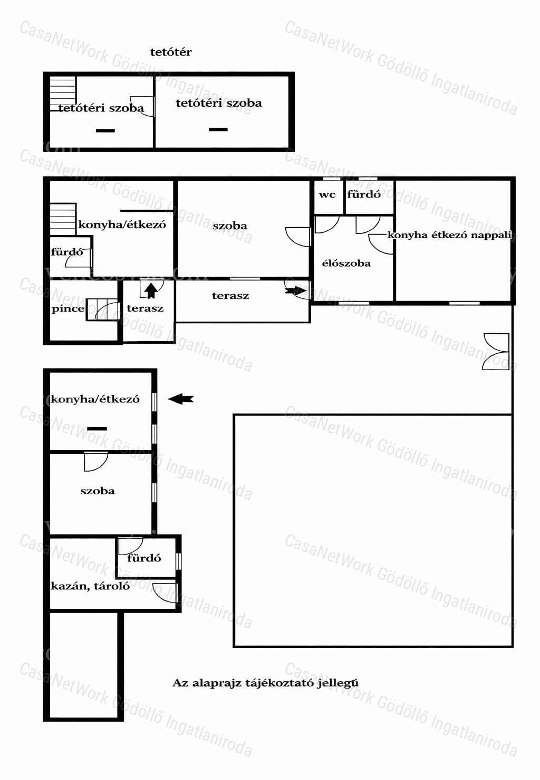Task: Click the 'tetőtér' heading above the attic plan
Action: click(x=171, y=52)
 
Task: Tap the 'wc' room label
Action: click(x=327, y=194)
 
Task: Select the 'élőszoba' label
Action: click(x=346, y=263)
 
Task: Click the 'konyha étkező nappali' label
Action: click(x=450, y=235)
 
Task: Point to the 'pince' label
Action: click(x=68, y=309)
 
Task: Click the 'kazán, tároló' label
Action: click(x=90, y=586)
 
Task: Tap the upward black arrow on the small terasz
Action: click(x=151, y=291)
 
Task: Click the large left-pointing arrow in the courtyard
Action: click(x=181, y=399)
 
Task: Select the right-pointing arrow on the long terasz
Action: click(x=295, y=291)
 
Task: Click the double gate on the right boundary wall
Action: click(x=496, y=351)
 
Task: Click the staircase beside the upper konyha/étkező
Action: click(x=63, y=219)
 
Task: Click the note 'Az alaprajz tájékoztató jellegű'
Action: click(x=265, y=683)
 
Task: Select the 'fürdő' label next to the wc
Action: click(x=364, y=194)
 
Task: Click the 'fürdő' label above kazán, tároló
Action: click(x=144, y=558)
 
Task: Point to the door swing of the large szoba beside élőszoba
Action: click(x=298, y=237)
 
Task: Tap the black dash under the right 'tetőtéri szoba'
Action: click(x=218, y=129)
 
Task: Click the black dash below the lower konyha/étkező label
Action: click(x=97, y=429)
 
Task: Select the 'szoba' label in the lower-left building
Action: click(x=98, y=491)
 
